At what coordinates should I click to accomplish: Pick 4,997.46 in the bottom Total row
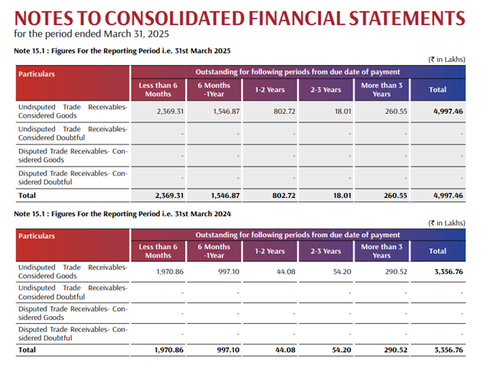[447, 196]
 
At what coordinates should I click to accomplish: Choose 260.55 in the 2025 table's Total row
[390, 196]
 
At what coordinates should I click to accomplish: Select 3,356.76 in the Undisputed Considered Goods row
[447, 272]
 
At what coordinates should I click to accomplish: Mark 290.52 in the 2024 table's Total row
[390, 350]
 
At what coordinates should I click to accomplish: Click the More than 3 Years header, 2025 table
[382, 90]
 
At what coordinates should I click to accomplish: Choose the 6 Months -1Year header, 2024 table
[214, 251]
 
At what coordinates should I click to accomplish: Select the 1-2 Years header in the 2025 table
[270, 90]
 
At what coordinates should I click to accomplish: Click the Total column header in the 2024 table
[437, 251]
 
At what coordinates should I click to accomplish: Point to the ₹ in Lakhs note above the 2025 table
[447, 60]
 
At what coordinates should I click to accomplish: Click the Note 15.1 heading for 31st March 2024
[121, 215]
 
